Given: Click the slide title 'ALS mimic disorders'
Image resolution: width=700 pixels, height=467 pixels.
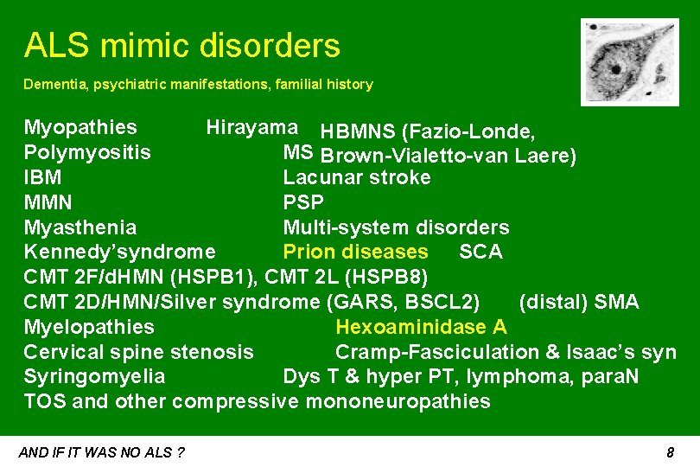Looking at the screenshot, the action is click(182, 45).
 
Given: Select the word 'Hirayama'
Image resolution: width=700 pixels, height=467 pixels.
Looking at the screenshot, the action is click(252, 128).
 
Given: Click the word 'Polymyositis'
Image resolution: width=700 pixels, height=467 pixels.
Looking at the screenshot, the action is click(87, 153).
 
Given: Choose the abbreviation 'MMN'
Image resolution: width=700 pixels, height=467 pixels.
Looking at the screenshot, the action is click(48, 203).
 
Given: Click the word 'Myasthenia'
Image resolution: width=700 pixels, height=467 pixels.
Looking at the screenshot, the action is click(80, 227).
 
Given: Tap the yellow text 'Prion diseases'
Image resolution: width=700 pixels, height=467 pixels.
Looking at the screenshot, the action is click(355, 252).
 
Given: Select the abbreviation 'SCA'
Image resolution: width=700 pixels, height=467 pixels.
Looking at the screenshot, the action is click(480, 252).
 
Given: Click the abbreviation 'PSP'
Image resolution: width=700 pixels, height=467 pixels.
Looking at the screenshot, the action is click(303, 203).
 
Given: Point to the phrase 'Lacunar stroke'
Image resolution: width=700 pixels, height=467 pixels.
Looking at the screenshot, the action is click(357, 177).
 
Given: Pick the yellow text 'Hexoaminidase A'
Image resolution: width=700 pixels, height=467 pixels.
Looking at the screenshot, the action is click(421, 327).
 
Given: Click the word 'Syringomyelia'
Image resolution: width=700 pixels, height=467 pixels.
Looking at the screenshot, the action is click(95, 377).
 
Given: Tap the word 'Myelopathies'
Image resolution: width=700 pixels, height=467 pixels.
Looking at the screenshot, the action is click(89, 327).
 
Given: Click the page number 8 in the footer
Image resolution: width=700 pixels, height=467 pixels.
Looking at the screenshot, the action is click(670, 452).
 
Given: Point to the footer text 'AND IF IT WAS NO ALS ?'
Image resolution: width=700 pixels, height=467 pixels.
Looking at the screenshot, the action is click(101, 452).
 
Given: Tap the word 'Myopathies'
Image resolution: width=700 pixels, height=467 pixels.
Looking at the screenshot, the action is click(80, 128).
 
